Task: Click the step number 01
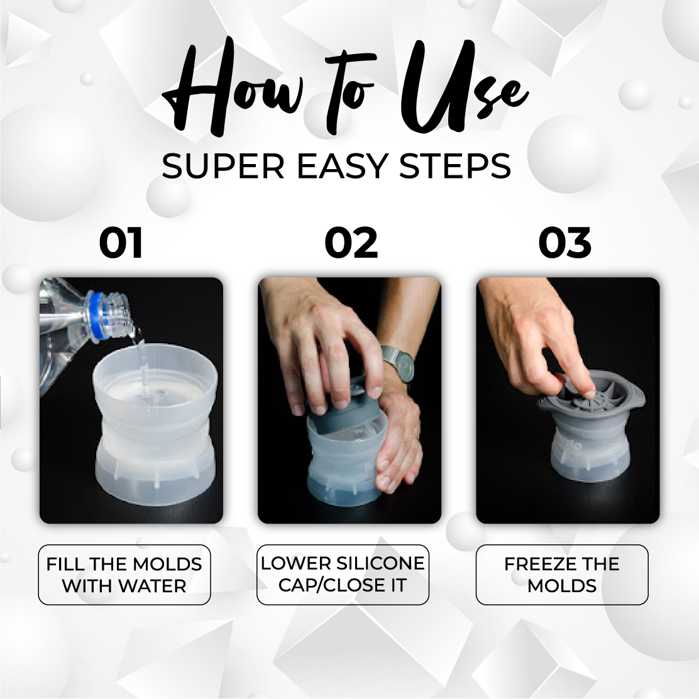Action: [120, 243]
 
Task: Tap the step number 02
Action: [351, 243]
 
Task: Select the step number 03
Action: [565, 243]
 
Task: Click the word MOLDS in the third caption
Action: [562, 586]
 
